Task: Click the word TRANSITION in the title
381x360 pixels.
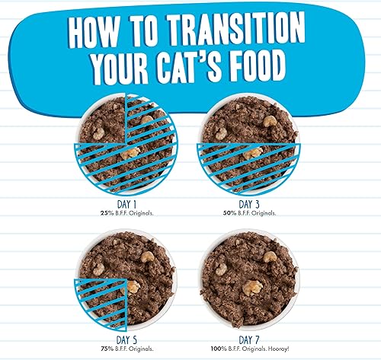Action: (x=245, y=33)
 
